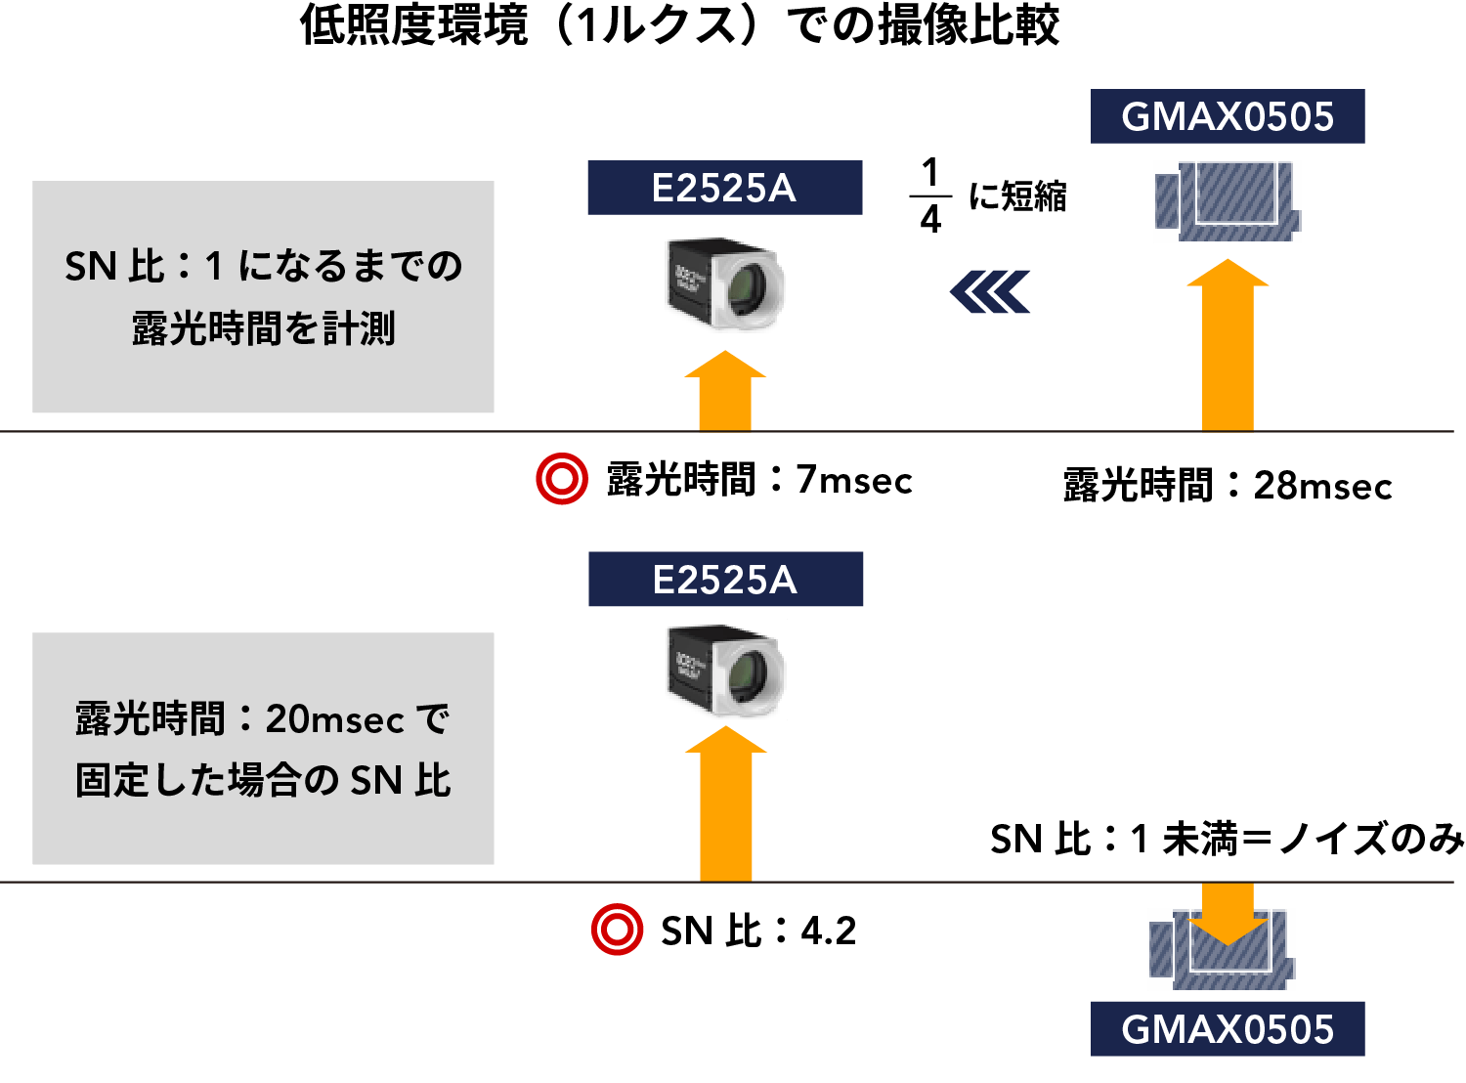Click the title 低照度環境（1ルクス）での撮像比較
(x=679, y=26)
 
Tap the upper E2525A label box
(x=724, y=188)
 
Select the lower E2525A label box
(x=725, y=580)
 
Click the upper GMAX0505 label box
(x=1228, y=116)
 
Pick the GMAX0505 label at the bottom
(x=1228, y=1029)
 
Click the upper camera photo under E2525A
(x=725, y=282)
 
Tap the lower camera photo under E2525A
(x=726, y=670)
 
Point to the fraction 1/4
(x=930, y=195)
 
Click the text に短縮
(x=1017, y=196)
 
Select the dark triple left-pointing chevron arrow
(x=990, y=292)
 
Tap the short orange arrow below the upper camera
(x=725, y=392)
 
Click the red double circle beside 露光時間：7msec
(x=562, y=479)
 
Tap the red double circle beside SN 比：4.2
(x=618, y=930)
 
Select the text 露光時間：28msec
(x=1228, y=486)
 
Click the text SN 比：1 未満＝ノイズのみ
(x=1228, y=840)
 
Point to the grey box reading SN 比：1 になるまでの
(x=263, y=296)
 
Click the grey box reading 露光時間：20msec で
(x=263, y=749)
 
